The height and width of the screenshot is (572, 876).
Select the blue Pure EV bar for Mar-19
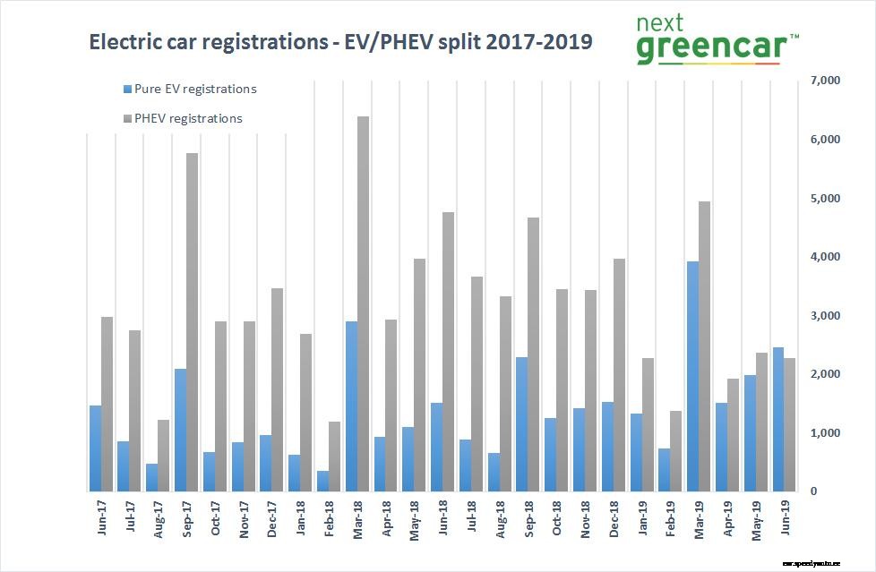[x=692, y=376]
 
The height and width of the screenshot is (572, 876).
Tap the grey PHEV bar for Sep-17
[x=192, y=322]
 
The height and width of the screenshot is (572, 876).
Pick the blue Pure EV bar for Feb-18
[x=322, y=481]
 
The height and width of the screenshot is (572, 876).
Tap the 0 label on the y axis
[x=813, y=491]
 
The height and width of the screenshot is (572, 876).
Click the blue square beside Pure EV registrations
[x=127, y=90]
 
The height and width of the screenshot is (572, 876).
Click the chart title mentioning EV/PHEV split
[x=340, y=42]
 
